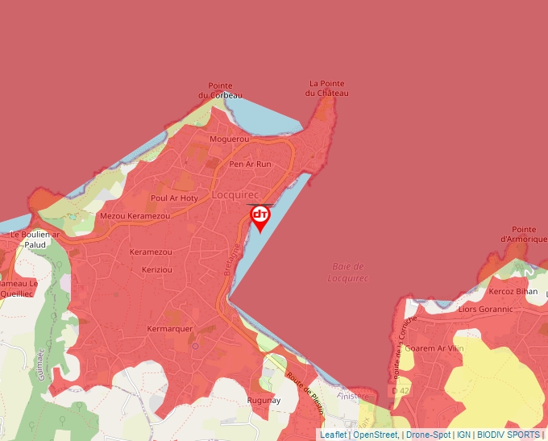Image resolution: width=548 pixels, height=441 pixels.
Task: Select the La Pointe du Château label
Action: [x=327, y=88]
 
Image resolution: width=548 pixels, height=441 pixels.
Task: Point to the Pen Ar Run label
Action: [x=250, y=164]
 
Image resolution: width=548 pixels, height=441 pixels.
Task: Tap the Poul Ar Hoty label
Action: [x=174, y=198]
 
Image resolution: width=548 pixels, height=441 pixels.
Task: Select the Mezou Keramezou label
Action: [x=135, y=216]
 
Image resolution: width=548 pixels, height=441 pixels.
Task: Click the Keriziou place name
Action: [x=158, y=268]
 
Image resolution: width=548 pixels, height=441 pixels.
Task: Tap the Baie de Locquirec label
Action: [x=348, y=272]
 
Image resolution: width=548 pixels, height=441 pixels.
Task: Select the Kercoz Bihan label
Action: [x=513, y=290]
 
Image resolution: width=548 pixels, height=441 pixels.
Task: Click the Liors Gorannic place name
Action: [x=485, y=309]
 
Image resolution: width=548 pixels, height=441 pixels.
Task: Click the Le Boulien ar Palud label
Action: [x=35, y=239]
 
